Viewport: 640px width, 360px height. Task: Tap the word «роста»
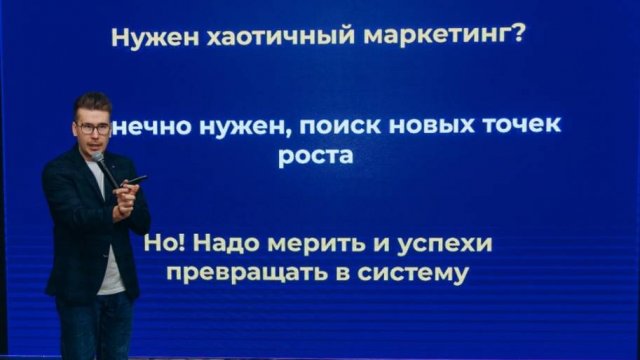313,157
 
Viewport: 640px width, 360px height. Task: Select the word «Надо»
228,244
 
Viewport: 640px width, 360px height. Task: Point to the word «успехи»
443,244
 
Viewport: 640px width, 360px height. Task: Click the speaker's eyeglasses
93,128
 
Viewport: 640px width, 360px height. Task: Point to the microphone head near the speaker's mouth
98,157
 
